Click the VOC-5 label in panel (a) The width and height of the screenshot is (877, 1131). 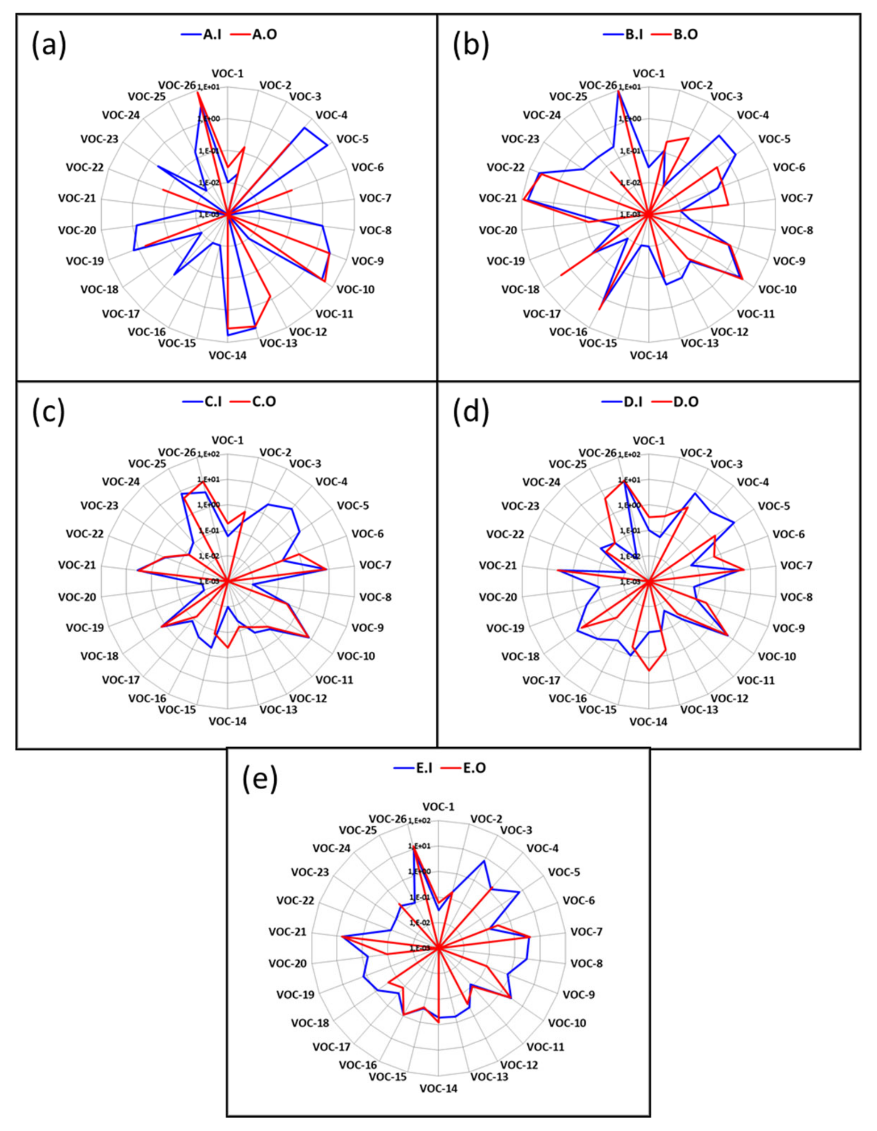[x=352, y=139]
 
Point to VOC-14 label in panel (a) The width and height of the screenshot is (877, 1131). [x=228, y=355]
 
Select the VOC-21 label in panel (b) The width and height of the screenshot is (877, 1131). [x=498, y=198]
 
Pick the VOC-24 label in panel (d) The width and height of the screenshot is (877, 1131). [x=542, y=482]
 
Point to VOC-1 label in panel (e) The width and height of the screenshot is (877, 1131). [x=439, y=807]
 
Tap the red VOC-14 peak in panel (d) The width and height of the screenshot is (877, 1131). [x=649, y=671]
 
